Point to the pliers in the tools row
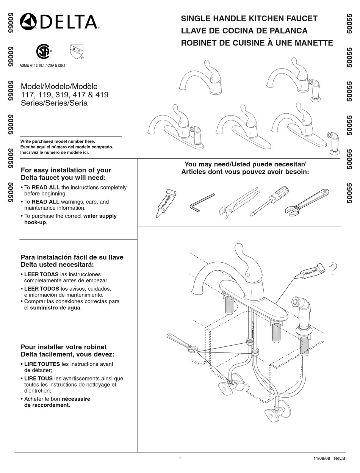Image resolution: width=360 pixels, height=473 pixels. (x=239, y=203)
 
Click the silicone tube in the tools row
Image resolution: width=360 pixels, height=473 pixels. (x=166, y=203)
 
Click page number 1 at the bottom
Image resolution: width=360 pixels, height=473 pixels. (x=180, y=458)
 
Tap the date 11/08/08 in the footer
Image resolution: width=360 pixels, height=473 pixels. (x=322, y=459)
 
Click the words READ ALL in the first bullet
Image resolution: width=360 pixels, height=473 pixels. (x=45, y=187)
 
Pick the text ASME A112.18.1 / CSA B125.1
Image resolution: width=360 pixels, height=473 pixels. (x=42, y=66)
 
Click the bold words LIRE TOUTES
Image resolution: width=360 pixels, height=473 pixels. (x=42, y=364)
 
